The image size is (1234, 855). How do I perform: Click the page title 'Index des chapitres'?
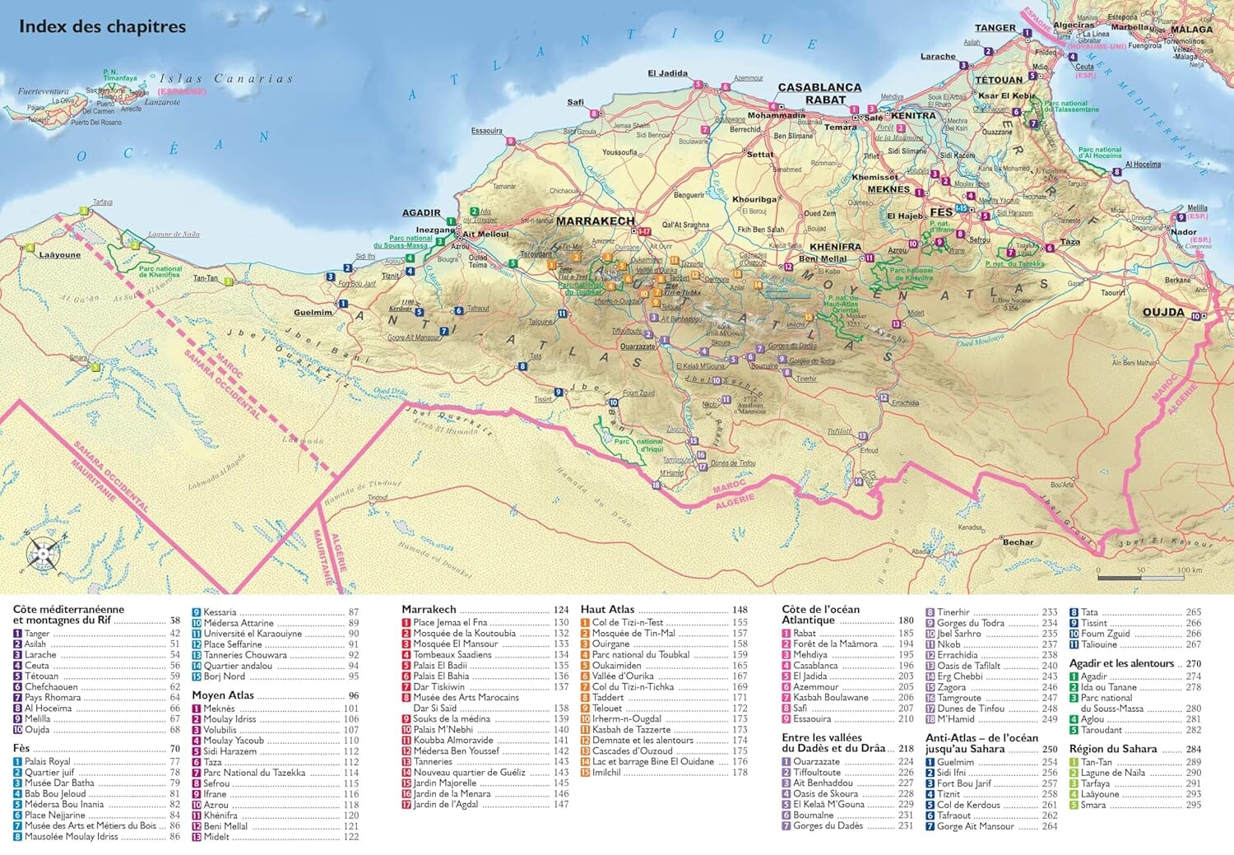[x=102, y=27]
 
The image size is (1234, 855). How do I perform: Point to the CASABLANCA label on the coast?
[x=819, y=87]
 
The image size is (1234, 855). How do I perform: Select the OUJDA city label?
[x=1162, y=312]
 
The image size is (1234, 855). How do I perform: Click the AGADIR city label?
[x=421, y=213]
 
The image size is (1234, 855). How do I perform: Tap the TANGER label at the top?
[x=995, y=28]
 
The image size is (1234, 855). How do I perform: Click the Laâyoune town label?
[x=60, y=255]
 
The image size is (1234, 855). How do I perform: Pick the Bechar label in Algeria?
[x=1018, y=542]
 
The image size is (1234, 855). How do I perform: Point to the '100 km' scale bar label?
[x=1189, y=570]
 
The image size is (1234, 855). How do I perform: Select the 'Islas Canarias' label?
[x=226, y=79]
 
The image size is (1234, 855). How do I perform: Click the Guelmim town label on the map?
[x=313, y=313]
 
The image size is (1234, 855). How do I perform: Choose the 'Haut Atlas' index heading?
[x=607, y=610]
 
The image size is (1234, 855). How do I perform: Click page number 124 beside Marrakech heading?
[x=561, y=611]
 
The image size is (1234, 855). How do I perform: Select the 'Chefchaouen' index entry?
[x=51, y=686]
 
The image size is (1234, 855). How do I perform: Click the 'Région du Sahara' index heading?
[x=1112, y=749]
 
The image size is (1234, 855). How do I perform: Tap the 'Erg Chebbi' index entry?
[x=959, y=676]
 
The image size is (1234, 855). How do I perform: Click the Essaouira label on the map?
[x=486, y=131]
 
